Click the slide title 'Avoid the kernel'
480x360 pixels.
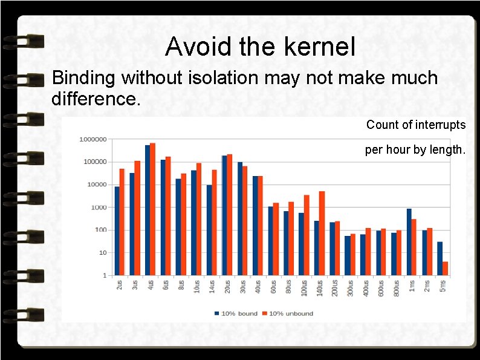260,47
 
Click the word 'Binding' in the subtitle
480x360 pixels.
84,78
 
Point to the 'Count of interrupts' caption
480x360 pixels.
415,125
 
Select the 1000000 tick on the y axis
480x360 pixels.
92,139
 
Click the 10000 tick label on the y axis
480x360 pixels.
94,185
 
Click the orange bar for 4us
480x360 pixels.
152,209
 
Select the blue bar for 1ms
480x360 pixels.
409,242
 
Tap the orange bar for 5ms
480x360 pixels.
445,269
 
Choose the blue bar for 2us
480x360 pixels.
117,231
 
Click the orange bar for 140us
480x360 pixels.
322,233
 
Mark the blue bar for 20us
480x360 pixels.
224,215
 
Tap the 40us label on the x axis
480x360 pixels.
258,287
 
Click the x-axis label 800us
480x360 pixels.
396,289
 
